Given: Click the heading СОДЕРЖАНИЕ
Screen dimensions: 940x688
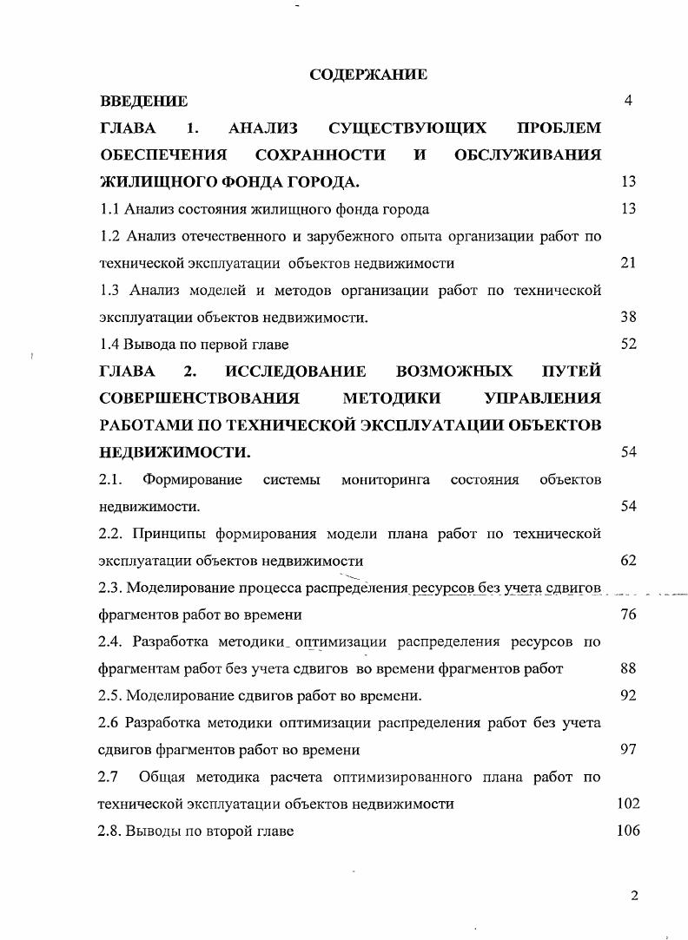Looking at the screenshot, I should [x=368, y=75].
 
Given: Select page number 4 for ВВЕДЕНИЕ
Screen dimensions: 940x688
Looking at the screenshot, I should [x=628, y=101].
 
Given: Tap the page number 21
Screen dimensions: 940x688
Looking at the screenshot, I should [x=629, y=263].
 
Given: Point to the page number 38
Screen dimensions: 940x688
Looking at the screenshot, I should [x=629, y=318].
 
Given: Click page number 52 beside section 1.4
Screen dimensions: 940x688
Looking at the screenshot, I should [x=629, y=344].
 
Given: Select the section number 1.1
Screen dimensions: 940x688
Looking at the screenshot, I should [x=109, y=209].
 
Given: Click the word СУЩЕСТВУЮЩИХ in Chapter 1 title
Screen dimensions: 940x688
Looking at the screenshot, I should [x=407, y=128].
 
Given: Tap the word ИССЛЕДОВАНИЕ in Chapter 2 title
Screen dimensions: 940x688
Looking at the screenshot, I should [x=295, y=372].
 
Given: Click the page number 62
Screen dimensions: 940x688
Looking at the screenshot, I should [x=629, y=561].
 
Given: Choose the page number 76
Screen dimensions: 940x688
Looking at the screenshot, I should [x=629, y=615].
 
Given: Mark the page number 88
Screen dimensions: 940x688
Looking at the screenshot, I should [x=629, y=669].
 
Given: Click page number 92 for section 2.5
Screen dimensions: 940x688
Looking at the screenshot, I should [x=629, y=695].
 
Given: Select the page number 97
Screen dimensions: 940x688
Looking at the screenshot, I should [x=629, y=749].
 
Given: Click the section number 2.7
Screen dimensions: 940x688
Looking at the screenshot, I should [x=109, y=777].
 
